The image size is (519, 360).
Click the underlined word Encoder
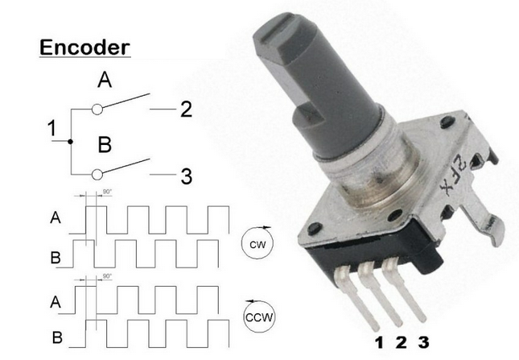[84, 48]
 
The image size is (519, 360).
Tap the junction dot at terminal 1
[70, 142]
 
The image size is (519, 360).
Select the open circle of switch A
[97, 110]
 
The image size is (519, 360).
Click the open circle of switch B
[97, 174]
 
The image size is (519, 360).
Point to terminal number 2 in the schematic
[186, 110]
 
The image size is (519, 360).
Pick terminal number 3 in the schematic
[187, 176]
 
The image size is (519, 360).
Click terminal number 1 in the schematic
[51, 128]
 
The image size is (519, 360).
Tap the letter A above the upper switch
[105, 81]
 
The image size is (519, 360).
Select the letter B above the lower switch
[105, 145]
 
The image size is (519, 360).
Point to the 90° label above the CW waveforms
[107, 192]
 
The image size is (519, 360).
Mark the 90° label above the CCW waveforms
[107, 276]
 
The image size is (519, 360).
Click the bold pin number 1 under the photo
[380, 342]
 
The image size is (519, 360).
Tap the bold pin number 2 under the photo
[402, 342]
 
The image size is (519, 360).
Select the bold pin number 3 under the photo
[424, 342]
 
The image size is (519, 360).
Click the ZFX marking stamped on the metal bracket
[453, 175]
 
